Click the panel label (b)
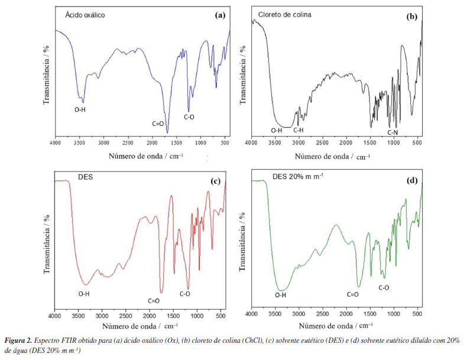[411, 17]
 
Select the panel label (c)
[215, 181]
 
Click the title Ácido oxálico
[85, 15]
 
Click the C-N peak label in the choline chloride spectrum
[392, 132]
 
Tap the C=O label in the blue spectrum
[157, 124]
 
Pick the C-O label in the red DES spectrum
[185, 293]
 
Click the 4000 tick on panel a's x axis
[56, 144]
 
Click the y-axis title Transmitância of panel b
[242, 74]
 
